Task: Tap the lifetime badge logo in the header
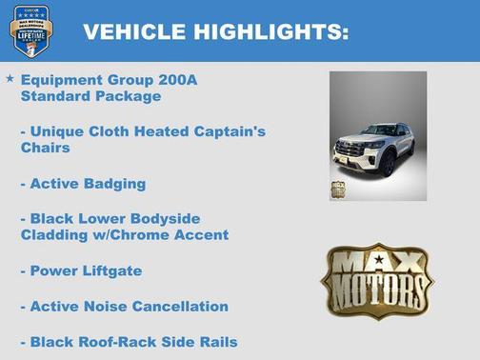click(30, 30)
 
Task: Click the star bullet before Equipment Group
click(10, 79)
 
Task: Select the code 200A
click(179, 80)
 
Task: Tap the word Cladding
click(53, 234)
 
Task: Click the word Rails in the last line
click(216, 341)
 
